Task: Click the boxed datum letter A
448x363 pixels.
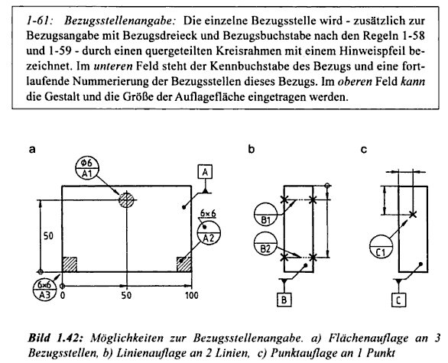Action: (x=205, y=172)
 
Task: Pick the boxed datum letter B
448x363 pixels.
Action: (x=284, y=300)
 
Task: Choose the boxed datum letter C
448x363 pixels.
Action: (x=398, y=300)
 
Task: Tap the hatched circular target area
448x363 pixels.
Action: (x=126, y=200)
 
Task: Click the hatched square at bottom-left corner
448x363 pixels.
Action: (x=70, y=264)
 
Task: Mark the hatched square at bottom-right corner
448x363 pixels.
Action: (x=184, y=264)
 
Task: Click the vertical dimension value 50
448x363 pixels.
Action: (x=48, y=236)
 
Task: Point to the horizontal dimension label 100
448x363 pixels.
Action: (x=191, y=295)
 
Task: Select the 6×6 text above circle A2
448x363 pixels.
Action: (x=208, y=213)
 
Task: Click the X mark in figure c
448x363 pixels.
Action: (x=412, y=214)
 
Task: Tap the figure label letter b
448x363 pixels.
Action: (x=252, y=149)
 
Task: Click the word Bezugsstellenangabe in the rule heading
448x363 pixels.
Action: (x=120, y=21)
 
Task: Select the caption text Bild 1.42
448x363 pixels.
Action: (x=56, y=338)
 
